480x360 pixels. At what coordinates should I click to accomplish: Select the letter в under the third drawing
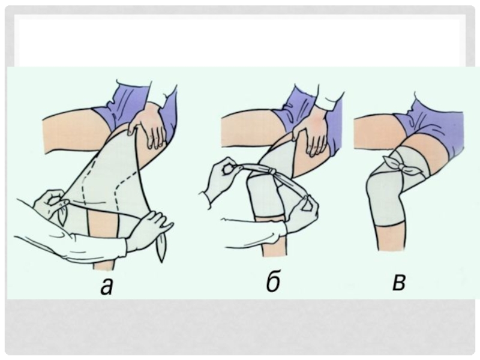(x=399, y=283)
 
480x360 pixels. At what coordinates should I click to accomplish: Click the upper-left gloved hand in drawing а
(x=49, y=203)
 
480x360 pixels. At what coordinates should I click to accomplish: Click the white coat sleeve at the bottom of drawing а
(x=73, y=245)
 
